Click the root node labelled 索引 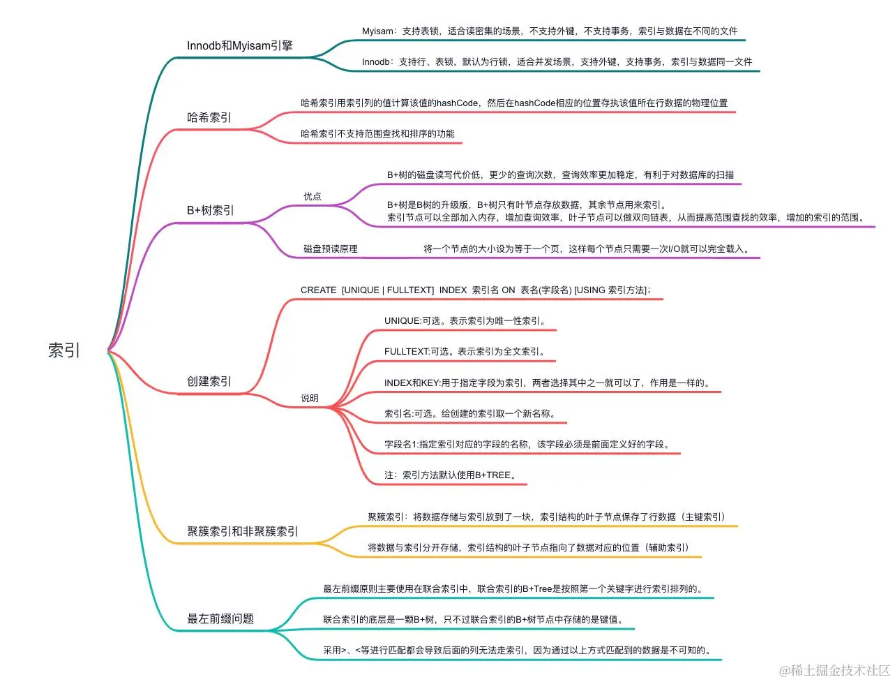pos(64,350)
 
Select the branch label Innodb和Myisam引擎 pos(239,46)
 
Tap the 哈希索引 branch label pos(209,117)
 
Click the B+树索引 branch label pos(210,210)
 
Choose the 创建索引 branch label pos(209,381)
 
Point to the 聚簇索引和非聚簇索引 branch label pos(242,531)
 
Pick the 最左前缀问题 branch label pos(220,618)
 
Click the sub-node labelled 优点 pos(312,196)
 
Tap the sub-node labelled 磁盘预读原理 pos(330,249)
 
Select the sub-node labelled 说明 pos(309,398)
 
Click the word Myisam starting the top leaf pos(377,31)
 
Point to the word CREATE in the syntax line pos(318,290)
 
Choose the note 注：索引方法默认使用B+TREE pos(451,475)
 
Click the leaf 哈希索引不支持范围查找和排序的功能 pos(377,133)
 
